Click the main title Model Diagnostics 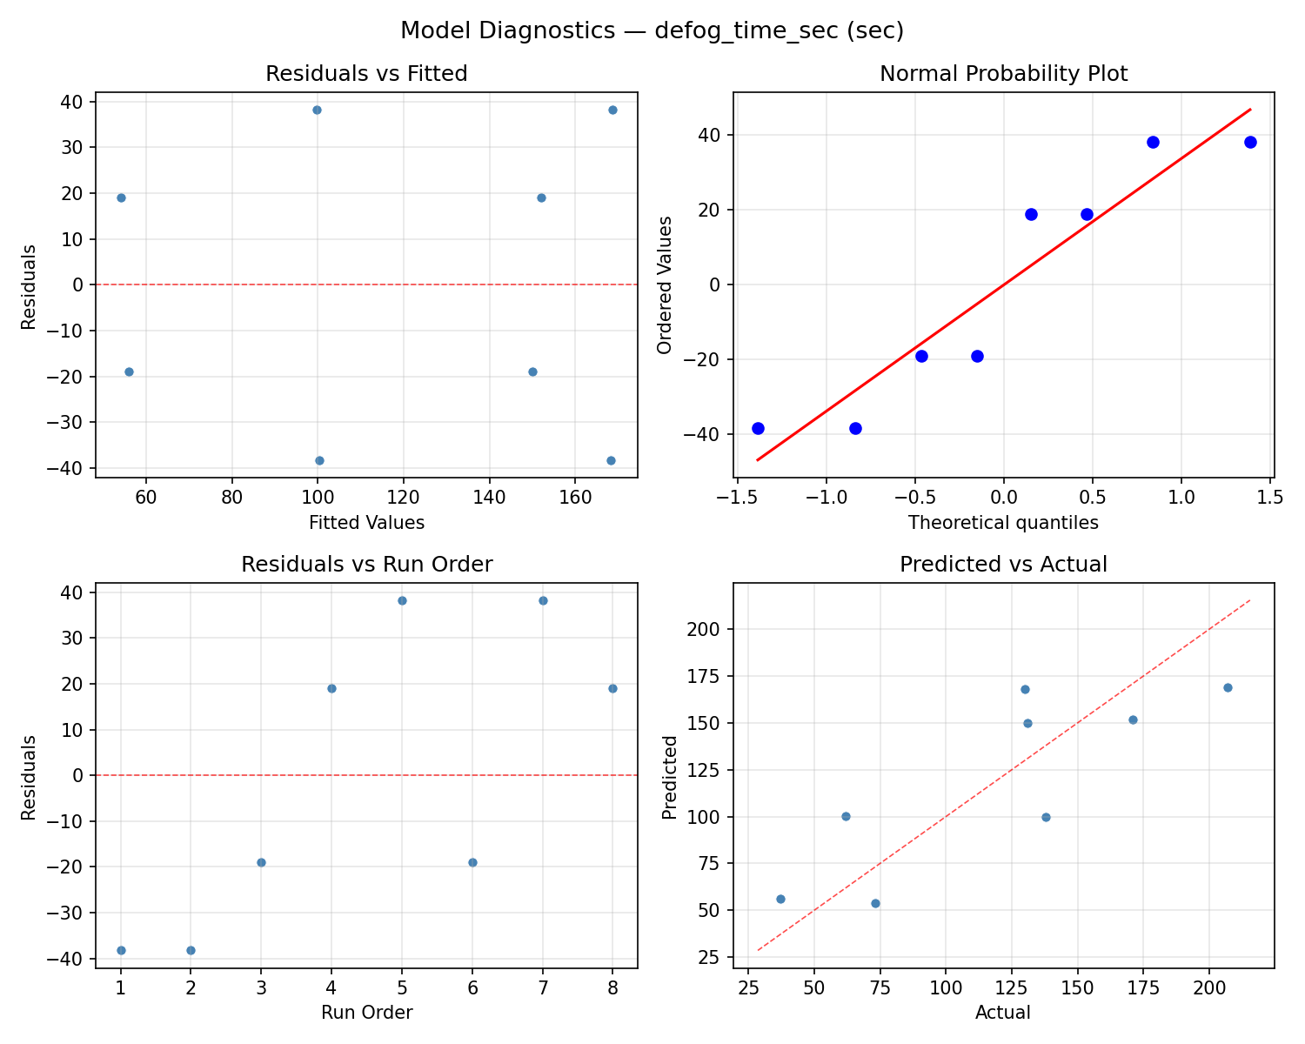pos(652,31)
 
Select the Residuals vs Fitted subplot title pos(366,74)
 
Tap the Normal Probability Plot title pos(1003,74)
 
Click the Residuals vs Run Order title pos(366,565)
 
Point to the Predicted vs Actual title pos(1003,565)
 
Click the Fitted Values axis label pos(366,523)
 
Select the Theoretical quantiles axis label pos(1003,523)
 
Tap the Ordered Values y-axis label pos(666,284)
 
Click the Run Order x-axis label pos(366,1013)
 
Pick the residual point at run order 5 pos(402,600)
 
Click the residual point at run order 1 pos(121,950)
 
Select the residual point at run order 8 pos(612,688)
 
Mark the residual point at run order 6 pos(472,862)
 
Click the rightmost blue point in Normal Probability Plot pos(1250,142)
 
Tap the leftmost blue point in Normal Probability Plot pos(758,428)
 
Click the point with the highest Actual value pos(1228,687)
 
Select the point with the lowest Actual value pos(780,899)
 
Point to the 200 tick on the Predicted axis pos(712,629)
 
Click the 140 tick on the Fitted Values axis pos(489,497)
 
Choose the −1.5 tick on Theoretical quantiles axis pos(737,497)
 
